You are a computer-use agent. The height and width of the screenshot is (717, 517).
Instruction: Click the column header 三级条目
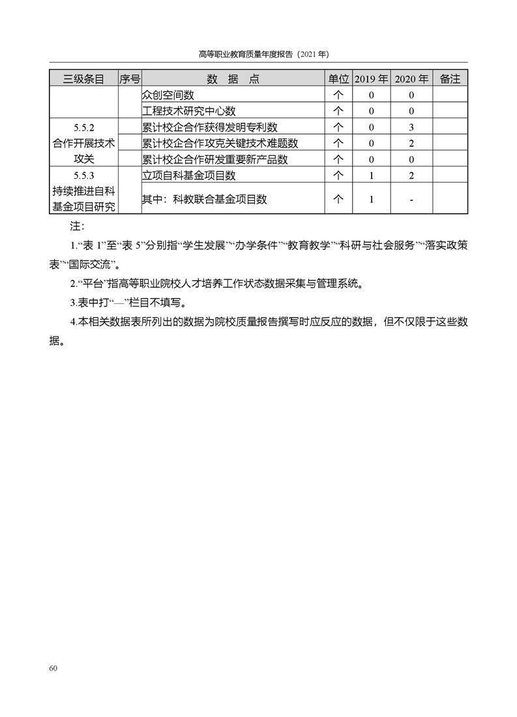(x=83, y=79)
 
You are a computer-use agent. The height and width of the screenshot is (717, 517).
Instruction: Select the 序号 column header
(x=130, y=79)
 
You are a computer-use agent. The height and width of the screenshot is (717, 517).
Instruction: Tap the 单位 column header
(x=338, y=79)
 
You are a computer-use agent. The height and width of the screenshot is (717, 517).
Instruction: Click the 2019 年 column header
(x=371, y=79)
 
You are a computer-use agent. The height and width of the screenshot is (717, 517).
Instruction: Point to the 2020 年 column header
(x=412, y=79)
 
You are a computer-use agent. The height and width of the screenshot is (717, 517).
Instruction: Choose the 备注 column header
(x=450, y=79)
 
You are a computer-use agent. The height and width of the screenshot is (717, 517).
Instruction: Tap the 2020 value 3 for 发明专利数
(x=412, y=127)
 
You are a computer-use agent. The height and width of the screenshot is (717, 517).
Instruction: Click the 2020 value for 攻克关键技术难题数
(x=412, y=144)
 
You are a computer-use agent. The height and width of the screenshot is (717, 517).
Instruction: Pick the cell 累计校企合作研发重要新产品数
(x=214, y=159)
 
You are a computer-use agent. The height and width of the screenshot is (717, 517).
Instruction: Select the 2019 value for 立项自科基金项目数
(x=371, y=175)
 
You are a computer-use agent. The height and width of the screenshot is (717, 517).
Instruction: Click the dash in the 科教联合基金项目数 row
(x=412, y=200)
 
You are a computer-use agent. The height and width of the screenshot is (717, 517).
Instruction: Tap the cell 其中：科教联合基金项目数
(x=204, y=200)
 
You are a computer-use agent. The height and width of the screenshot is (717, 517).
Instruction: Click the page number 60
(x=53, y=668)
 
